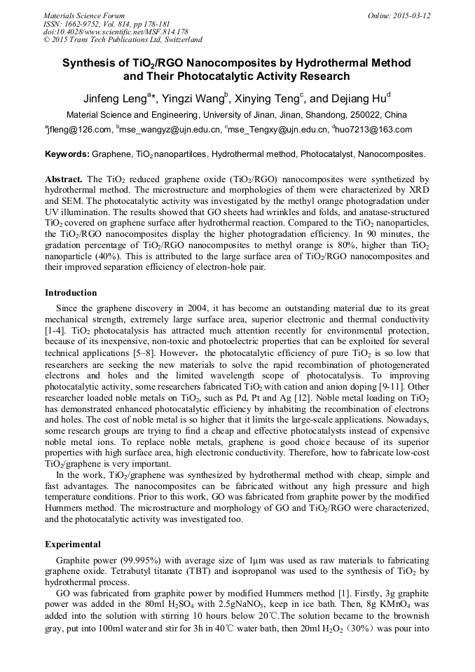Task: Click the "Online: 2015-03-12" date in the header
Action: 401,15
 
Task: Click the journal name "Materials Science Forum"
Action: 84,15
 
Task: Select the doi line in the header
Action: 116,32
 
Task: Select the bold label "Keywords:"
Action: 67,153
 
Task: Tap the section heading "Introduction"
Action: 71,292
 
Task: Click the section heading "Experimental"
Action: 73,544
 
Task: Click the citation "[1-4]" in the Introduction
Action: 57,329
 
